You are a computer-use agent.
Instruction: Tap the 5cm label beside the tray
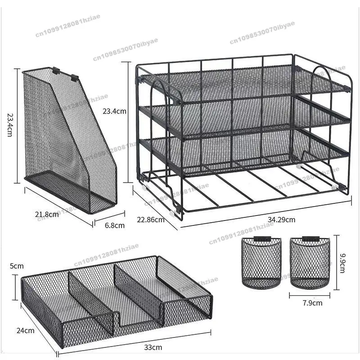[x=16, y=266]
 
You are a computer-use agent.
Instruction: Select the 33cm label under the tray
[x=153, y=347]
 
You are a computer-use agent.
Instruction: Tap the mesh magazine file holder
[x=67, y=139]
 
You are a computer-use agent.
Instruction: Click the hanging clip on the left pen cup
[x=261, y=239]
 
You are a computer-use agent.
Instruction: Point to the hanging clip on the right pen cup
[x=309, y=239]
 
